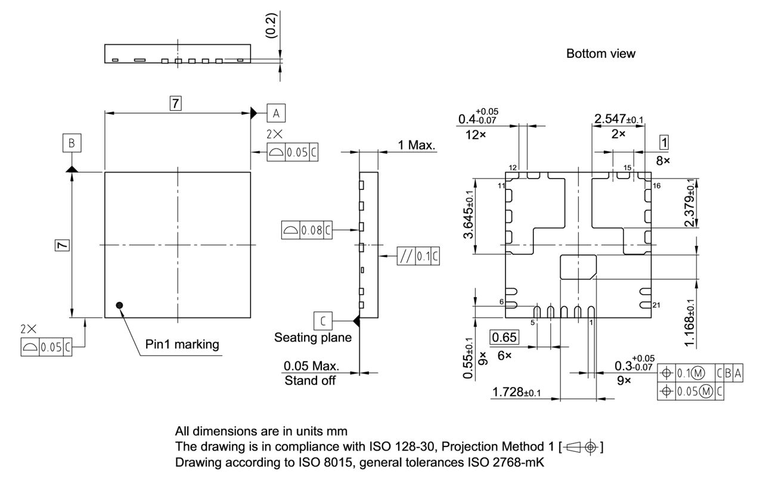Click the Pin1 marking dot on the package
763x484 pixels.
tap(120, 305)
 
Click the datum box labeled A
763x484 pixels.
tap(275, 112)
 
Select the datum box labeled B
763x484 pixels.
tap(72, 143)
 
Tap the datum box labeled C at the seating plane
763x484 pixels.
tap(322, 321)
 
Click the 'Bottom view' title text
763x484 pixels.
tap(600, 54)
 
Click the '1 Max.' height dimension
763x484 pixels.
tap(417, 145)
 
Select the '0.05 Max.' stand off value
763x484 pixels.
tap(311, 365)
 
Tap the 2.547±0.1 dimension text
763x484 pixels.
tap(618, 120)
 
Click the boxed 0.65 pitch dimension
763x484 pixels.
tap(505, 336)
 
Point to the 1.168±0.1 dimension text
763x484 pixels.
tap(690, 323)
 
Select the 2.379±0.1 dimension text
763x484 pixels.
tap(690, 202)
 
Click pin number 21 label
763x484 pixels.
tap(657, 305)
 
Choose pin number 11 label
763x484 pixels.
tap(501, 186)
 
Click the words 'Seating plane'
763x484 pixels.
tap(312, 338)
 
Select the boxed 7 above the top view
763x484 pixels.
tap(175, 103)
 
